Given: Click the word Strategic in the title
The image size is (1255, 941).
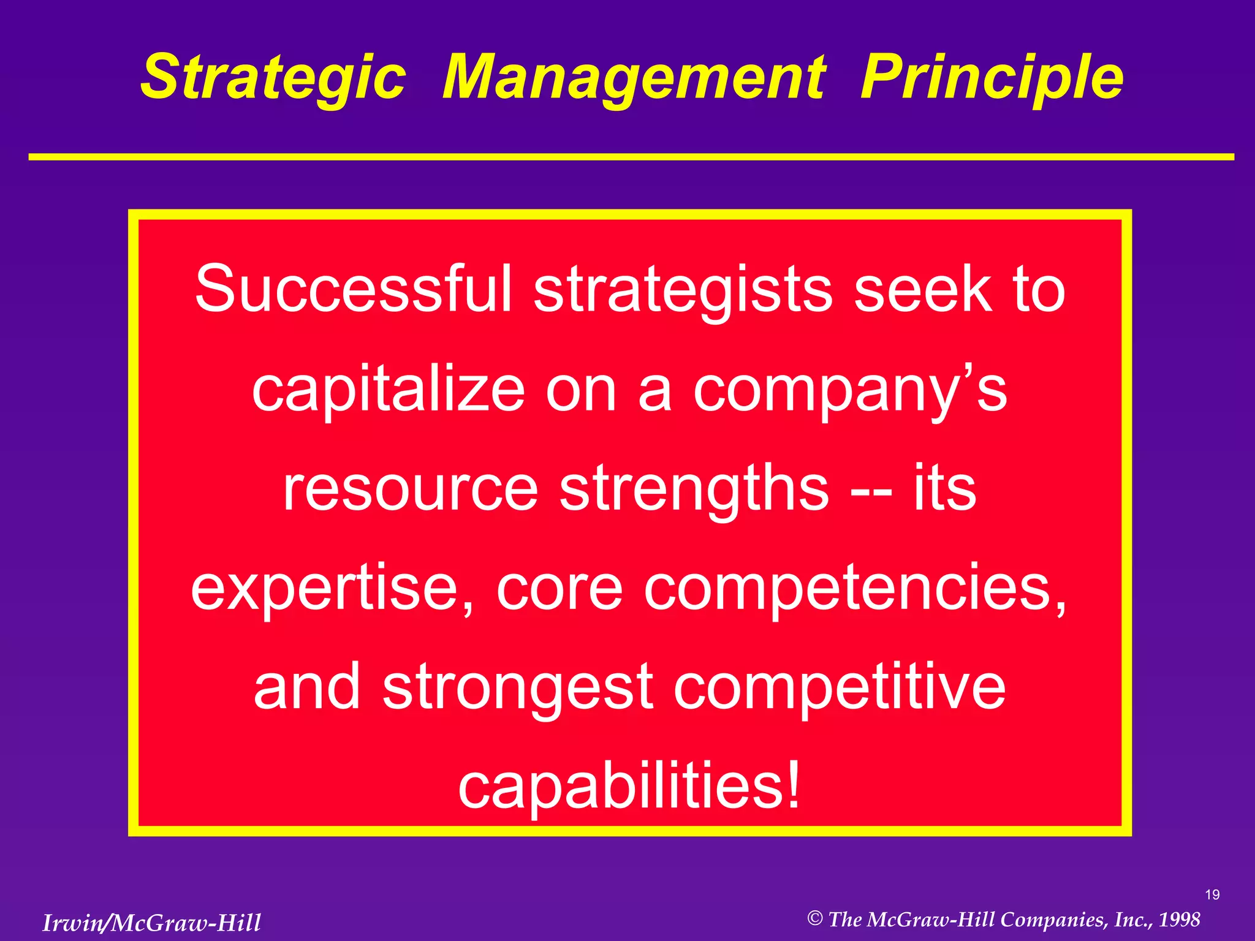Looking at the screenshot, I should (x=273, y=77).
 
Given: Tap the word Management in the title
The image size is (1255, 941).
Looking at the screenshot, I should (x=634, y=77).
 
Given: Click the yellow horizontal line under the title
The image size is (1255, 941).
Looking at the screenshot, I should (x=631, y=157).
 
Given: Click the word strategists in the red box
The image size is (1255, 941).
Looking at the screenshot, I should (x=683, y=289).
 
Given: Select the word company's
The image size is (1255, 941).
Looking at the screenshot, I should (x=850, y=390).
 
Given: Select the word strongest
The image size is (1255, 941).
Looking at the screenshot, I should (x=518, y=687).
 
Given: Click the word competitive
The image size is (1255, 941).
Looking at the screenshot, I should (x=840, y=687).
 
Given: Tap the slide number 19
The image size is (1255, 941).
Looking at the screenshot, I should (x=1212, y=895).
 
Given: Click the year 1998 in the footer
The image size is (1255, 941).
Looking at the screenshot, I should (x=1179, y=919).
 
